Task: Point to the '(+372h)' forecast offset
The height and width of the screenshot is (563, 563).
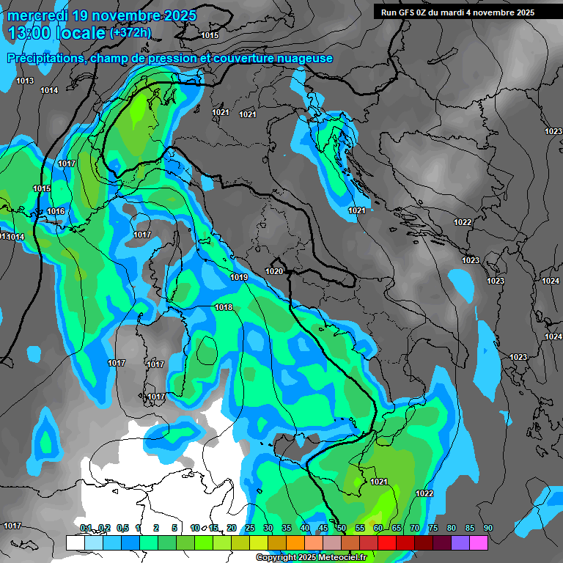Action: (x=130, y=33)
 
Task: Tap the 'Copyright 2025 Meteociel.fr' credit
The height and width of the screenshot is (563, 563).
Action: (x=311, y=558)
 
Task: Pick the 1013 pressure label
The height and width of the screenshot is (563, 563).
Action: (x=25, y=81)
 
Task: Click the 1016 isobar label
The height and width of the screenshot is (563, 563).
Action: (x=56, y=212)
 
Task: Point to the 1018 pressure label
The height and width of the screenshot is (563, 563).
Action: (x=224, y=307)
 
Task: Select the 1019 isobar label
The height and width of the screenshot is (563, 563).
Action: (x=239, y=277)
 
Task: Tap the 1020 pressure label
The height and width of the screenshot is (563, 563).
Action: (x=274, y=271)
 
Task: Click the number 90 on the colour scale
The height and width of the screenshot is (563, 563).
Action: (x=487, y=528)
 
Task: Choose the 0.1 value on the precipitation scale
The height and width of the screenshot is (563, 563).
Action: (x=86, y=528)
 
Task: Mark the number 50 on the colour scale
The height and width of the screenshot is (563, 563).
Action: (x=341, y=528)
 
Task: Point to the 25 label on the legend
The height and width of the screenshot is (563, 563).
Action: (x=249, y=528)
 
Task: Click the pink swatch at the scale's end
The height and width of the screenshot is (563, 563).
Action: (x=478, y=542)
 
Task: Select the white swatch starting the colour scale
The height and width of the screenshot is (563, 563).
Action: (x=75, y=542)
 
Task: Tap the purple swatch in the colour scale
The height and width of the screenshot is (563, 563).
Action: (x=460, y=542)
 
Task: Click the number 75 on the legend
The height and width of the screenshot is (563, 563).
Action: (x=433, y=528)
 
